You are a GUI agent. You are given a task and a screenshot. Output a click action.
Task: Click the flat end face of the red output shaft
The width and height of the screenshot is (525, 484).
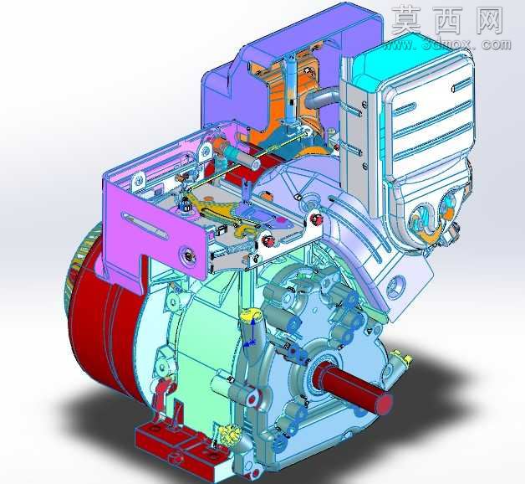coord(385,402)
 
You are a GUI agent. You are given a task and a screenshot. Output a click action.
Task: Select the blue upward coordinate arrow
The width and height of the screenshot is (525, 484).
coord(253,331)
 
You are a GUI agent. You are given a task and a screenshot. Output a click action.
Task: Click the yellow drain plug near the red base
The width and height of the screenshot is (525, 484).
coord(229,435)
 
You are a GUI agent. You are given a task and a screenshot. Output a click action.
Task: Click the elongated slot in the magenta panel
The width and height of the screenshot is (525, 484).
coord(145,226)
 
